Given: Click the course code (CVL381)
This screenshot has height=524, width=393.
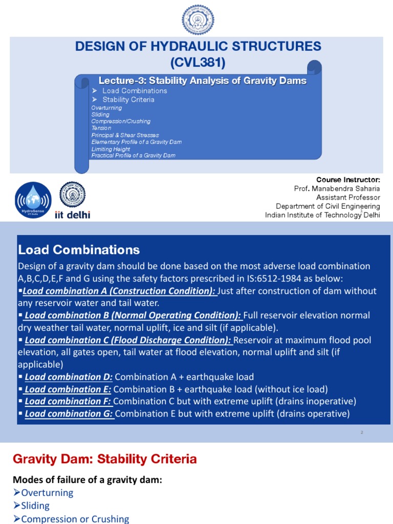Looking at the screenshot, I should pos(198,63).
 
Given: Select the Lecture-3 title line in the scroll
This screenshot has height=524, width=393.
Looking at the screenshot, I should pos(202,80).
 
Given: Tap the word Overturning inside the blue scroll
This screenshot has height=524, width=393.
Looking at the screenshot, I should pos(106,108).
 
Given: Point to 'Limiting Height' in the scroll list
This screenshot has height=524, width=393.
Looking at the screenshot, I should pos(111,149).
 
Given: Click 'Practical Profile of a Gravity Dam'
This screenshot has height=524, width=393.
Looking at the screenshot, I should pos(133,156).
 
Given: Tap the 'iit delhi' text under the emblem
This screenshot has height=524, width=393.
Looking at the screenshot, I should pos(72,215).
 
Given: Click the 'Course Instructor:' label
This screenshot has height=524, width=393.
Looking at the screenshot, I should pos(348,180).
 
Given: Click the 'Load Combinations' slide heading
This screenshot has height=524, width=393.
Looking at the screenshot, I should pos(79,250).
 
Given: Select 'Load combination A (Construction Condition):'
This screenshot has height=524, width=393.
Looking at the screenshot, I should pos(120,291).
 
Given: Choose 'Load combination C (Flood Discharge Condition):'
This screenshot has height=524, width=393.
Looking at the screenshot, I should pos(128,340).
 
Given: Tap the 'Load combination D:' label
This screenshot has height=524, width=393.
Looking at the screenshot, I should pos(69,377).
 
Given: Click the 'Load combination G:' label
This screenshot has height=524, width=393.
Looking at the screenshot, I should pos(69,413).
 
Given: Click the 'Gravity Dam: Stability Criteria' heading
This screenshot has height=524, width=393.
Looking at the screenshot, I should pos(104,459).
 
